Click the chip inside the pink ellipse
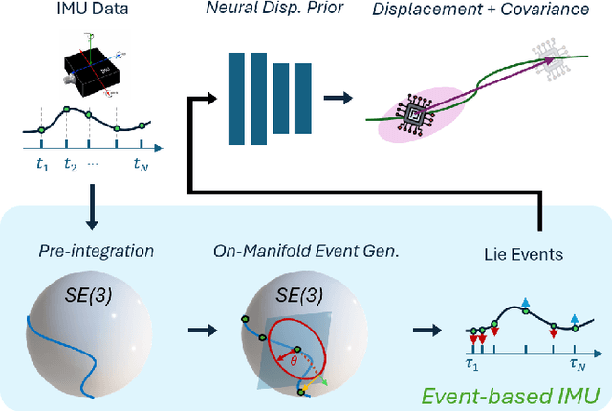[x=418, y=117]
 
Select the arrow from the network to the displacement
[x=336, y=97]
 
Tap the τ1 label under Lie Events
[x=470, y=365]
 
